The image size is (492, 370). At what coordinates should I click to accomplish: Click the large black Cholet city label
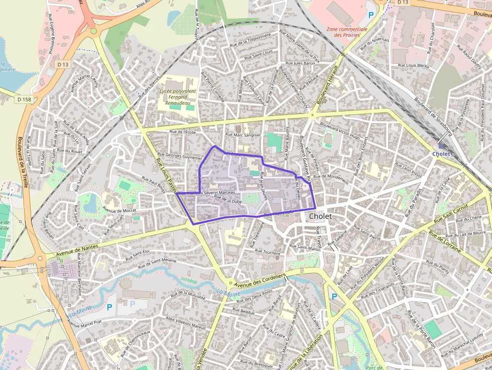[x=320, y=216]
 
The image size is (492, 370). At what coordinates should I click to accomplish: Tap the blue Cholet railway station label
[x=441, y=154]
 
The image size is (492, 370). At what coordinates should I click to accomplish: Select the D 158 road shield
[x=23, y=99]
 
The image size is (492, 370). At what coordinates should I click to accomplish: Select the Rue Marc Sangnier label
[x=243, y=135]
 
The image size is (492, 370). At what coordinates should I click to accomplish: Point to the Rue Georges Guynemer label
[x=179, y=157]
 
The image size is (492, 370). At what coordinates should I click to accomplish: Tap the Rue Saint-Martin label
[x=305, y=247]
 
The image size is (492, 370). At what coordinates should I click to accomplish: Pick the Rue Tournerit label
[x=268, y=252]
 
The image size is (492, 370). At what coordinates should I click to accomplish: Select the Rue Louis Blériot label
[x=413, y=65]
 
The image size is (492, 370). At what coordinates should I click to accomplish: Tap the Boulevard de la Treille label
[x=23, y=162]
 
